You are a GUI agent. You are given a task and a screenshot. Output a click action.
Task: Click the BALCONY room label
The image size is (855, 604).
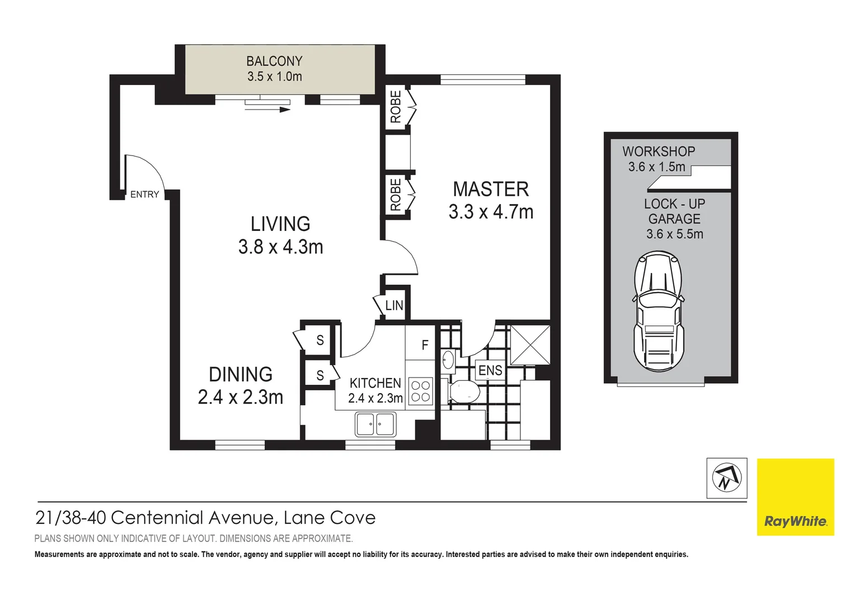coord(274,61)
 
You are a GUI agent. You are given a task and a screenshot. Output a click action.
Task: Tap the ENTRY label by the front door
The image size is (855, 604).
coord(144,195)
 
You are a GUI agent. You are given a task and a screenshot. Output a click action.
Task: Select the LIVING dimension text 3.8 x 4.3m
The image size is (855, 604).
coord(280,247)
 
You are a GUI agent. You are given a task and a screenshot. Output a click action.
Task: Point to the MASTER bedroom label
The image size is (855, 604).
coord(491,189)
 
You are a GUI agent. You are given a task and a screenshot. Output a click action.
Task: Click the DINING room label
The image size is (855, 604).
coord(241,374)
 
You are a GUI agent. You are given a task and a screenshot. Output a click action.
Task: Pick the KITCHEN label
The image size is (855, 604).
coord(375,383)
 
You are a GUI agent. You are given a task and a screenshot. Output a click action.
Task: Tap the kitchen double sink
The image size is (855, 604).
coord(375,424)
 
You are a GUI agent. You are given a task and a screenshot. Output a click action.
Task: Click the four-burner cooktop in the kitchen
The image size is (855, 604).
coord(420,391)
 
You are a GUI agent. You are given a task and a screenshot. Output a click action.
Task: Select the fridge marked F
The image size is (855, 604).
coord(425,345)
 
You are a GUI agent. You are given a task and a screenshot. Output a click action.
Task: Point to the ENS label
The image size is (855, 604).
coord(490,370)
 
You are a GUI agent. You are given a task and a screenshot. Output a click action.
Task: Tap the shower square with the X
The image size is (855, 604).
coord(530,345)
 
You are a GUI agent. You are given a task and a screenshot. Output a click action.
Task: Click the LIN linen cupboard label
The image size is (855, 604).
coord(394,305)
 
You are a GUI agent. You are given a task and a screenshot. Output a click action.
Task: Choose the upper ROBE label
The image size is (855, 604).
coord(396,107)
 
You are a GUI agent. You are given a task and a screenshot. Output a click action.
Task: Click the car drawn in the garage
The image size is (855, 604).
coord(659,311)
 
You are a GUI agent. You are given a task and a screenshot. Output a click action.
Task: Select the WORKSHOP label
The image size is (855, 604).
coord(659,152)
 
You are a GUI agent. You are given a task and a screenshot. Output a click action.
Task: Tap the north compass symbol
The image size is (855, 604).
coord(726,478)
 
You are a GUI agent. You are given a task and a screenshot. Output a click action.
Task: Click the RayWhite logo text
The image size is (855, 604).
coord(795,522)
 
